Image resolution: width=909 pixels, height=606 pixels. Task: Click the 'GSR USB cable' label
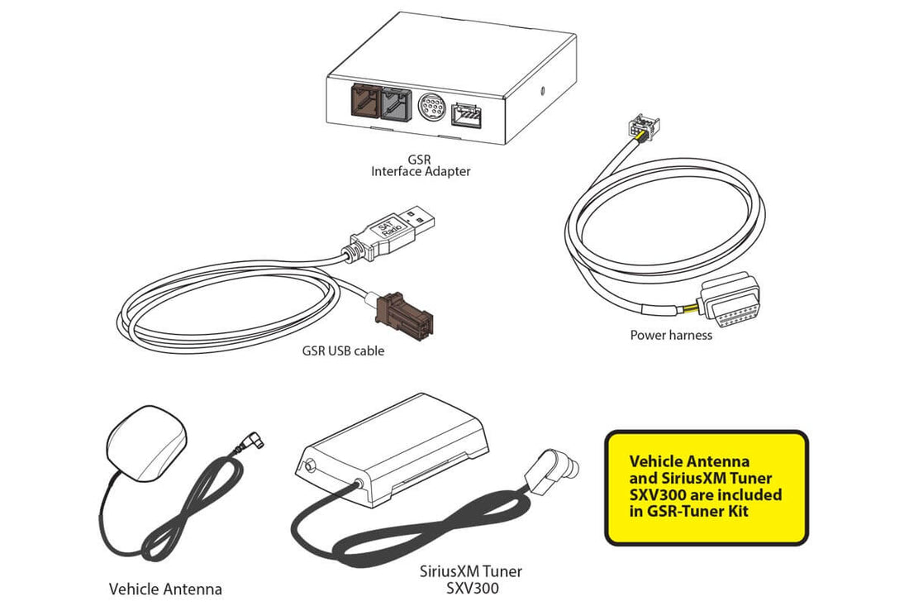343,351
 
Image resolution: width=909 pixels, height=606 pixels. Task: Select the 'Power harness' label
670,335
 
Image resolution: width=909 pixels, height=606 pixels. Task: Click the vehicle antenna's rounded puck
149,443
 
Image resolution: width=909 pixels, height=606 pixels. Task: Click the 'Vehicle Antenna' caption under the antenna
165,589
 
